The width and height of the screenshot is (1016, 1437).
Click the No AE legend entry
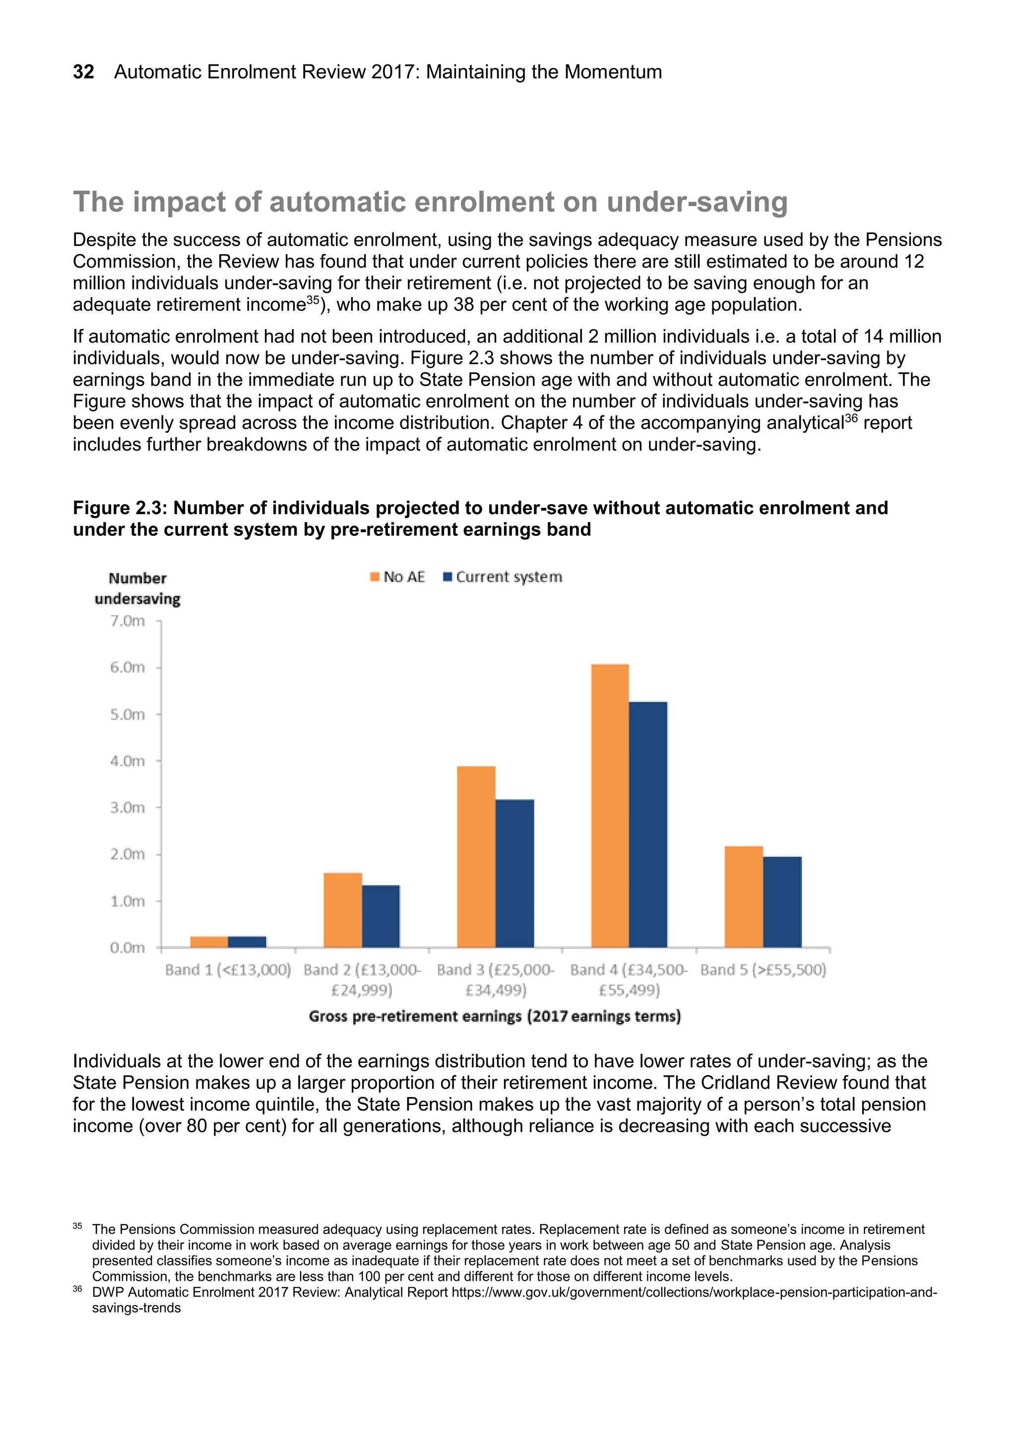397,577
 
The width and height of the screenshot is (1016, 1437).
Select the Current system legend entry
503,577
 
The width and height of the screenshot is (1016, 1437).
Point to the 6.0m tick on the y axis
127,668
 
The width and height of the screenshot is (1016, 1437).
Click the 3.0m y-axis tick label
127,808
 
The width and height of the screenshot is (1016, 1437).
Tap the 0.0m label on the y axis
127,948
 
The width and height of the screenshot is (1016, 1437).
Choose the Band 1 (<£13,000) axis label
228,970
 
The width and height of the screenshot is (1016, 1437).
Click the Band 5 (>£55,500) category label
763,970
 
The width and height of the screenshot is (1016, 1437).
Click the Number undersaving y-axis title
137,588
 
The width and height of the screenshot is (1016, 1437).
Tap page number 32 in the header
83,72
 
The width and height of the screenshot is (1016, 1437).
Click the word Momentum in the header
613,72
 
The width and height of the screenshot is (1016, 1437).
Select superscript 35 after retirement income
313,300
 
